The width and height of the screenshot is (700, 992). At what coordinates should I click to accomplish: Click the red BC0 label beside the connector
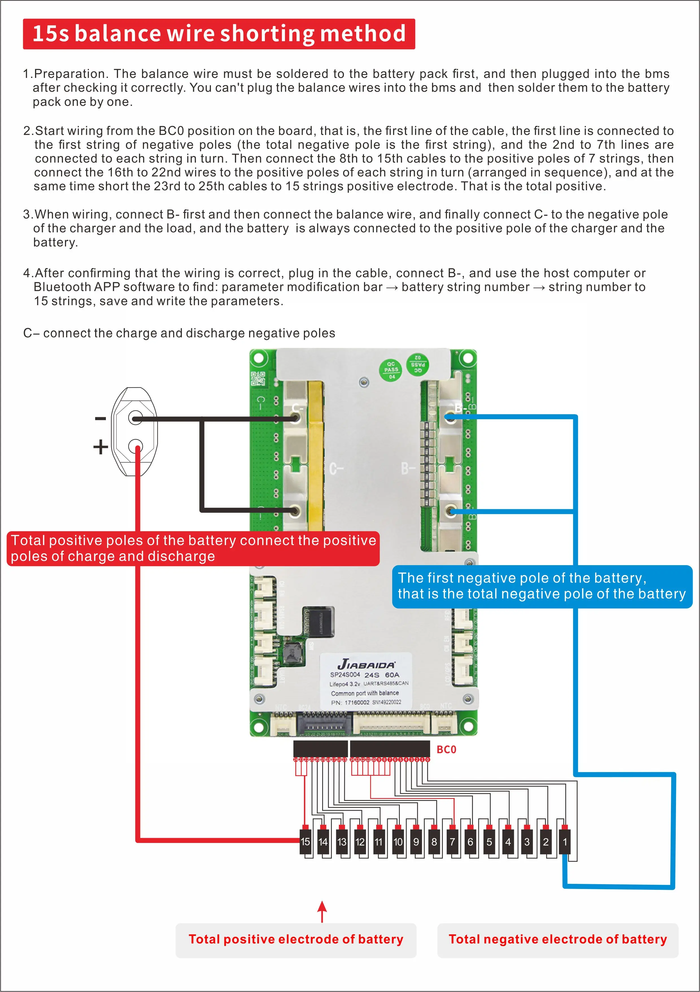446,749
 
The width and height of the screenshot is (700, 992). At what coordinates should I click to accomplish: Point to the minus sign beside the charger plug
100,418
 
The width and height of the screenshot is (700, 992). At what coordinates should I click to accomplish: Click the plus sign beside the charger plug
100,447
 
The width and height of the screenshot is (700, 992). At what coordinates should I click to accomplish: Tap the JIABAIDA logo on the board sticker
366,664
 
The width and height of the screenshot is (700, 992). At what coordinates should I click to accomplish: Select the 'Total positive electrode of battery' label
296,939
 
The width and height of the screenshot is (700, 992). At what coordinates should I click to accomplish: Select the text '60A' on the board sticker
392,675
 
